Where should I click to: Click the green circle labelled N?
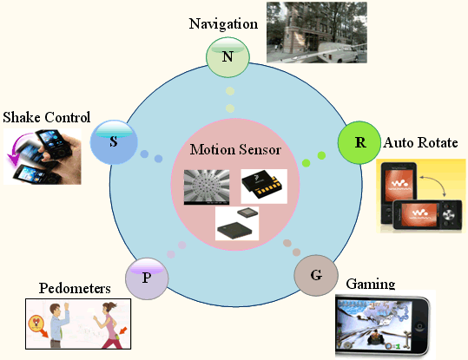(227, 57)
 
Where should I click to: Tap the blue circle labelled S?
(114, 142)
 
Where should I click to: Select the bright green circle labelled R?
(359, 142)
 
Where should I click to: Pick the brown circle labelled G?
(316, 275)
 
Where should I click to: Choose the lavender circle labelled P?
(147, 278)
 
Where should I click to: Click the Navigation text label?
(223, 24)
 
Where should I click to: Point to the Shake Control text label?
(47, 117)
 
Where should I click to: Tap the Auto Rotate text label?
(420, 142)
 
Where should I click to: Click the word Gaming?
(371, 284)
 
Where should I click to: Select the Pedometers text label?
(75, 288)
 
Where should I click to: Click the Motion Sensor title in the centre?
(235, 149)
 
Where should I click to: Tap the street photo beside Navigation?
(317, 32)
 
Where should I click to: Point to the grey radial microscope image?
(207, 187)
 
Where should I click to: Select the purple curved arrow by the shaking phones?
(17, 148)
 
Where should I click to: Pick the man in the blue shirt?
(59, 325)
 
